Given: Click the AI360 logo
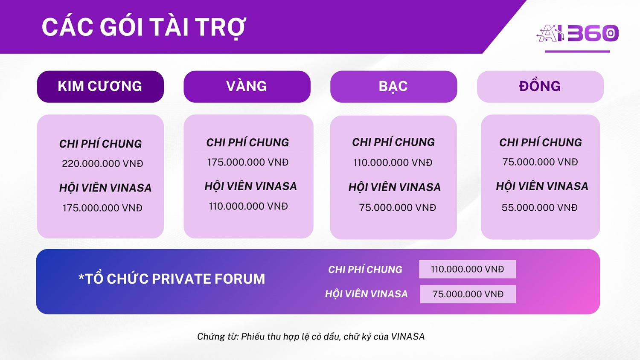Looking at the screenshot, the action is tap(577, 33).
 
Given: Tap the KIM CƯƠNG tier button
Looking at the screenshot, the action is tap(100, 87).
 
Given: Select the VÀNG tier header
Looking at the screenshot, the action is tap(247, 87).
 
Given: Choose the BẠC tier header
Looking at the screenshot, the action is tap(394, 87).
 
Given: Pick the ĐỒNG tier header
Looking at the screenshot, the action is tap(540, 87).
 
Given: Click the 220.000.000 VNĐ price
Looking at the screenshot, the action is tap(102, 164).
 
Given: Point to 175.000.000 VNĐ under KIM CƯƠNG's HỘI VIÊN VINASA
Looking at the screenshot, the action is tap(102, 208).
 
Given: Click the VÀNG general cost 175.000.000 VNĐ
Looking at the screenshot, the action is tap(248, 162).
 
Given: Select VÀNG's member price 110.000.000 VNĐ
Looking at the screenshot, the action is tap(248, 206).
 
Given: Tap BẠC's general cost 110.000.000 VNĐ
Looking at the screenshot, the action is tap(393, 163).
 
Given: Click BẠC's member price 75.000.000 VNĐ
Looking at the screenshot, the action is tap(397, 207).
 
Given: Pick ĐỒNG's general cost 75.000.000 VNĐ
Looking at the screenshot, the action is tap(540, 162).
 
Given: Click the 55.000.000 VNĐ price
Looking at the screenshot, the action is tap(539, 207).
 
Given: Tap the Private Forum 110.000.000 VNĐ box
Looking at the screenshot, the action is tap(468, 269).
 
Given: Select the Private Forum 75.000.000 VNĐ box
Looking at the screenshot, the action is tap(468, 294).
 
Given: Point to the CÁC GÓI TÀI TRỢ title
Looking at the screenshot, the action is tap(144, 27).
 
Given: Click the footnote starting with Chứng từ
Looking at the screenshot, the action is tap(311, 337).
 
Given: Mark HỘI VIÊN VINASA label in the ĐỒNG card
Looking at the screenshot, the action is tap(542, 186).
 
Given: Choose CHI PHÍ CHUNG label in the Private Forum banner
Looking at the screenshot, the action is tap(365, 270).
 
